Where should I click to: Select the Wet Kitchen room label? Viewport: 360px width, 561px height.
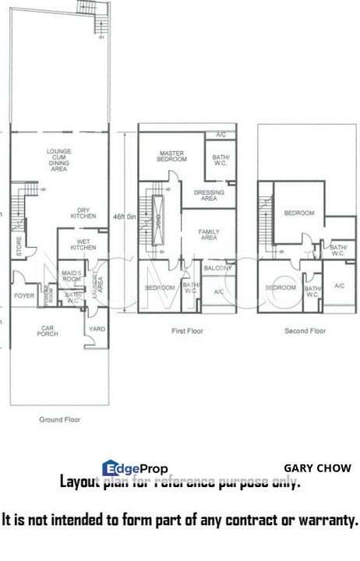[83, 244]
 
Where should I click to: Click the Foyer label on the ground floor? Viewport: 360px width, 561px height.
[24, 295]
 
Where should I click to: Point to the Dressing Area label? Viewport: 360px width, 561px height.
[209, 196]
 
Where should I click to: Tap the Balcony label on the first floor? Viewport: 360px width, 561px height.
[217, 268]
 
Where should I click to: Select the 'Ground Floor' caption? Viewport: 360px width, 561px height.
[60, 419]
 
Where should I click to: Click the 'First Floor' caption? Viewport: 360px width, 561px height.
[186, 331]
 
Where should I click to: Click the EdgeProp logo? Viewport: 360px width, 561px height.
[135, 467]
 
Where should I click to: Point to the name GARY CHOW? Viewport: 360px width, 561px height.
[316, 468]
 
